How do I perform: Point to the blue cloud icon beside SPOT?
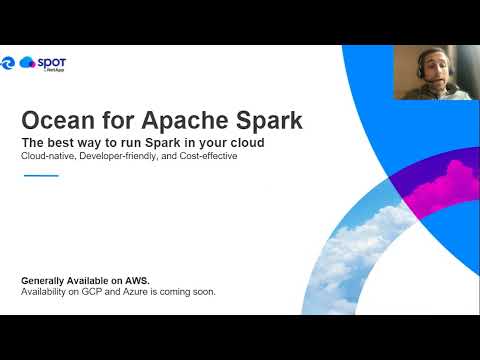coord(27,62)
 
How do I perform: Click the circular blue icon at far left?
coord(8,62)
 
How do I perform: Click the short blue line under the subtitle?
coord(40,175)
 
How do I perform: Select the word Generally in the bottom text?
coord(46,281)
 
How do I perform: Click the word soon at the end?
coord(204,292)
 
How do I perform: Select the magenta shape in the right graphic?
coord(445,185)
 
